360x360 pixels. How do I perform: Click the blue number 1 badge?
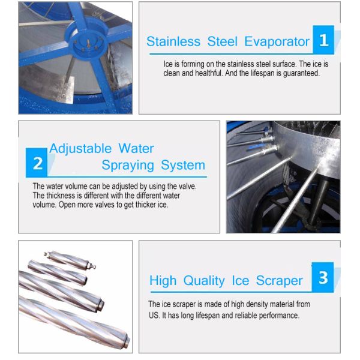[323, 40]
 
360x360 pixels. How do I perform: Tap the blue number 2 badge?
[37, 163]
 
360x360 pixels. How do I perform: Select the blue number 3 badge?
[323, 277]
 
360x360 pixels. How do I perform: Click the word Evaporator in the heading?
[277, 42]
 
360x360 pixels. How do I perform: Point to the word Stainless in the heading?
[173, 42]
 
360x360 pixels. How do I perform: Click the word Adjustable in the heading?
[80, 149]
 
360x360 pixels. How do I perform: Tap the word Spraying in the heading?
[128, 166]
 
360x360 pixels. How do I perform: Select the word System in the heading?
[183, 166]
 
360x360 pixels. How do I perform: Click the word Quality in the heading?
[204, 281]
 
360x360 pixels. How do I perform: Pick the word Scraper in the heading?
[280, 281]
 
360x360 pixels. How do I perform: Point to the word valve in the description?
[187, 186]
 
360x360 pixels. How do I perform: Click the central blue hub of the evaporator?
[88, 42]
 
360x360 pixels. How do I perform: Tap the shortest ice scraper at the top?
[70, 260]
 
